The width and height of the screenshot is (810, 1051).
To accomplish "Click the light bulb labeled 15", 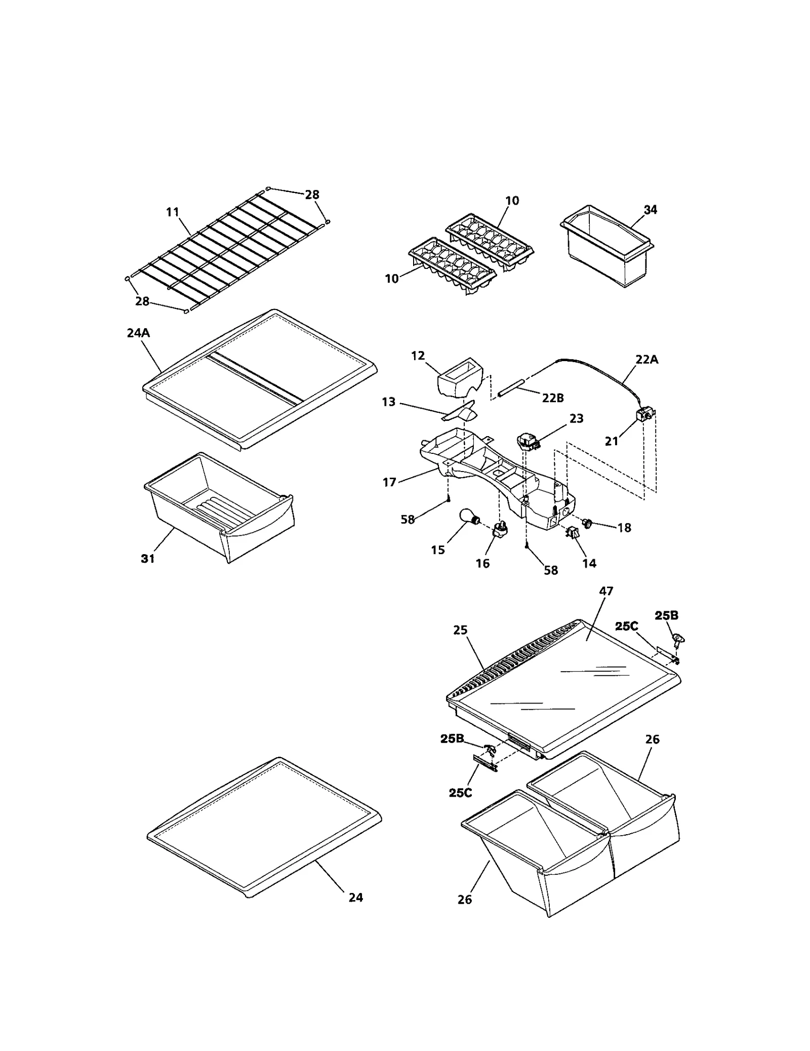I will point(468,517).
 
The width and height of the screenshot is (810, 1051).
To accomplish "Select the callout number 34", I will point(650,210).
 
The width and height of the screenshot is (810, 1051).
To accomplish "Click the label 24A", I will point(138,333).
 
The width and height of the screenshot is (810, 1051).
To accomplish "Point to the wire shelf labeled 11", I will point(228,248).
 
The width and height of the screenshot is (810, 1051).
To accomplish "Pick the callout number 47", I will point(606,591).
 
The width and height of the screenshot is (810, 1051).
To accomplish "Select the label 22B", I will point(553,398).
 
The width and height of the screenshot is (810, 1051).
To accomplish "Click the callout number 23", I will point(576,418).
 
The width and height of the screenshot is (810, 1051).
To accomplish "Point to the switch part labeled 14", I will point(573,533).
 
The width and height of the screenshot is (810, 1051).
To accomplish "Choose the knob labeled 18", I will point(588,523).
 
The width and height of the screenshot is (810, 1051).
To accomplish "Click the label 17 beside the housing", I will point(389,482).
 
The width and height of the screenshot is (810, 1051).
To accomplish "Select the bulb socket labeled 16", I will point(499,530).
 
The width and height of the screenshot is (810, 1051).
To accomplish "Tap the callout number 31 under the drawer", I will point(147,559).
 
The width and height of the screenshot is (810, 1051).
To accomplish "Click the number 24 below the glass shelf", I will point(356,898).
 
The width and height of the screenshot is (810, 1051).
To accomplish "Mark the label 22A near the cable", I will point(647,360).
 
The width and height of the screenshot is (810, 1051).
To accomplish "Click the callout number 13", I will point(389,402).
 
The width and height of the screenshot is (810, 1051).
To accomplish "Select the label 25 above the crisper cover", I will point(460,630).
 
